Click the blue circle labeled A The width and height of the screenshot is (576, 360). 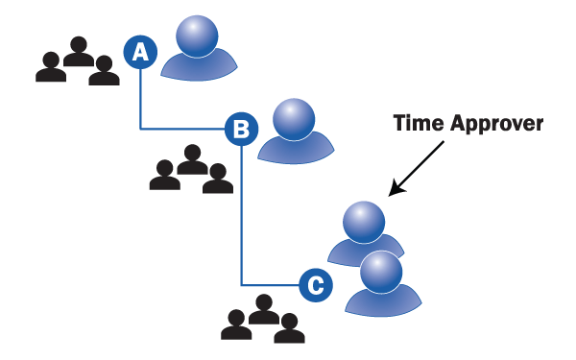[x=140, y=52]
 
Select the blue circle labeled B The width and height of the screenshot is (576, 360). [x=241, y=129]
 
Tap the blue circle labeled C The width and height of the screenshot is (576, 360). [x=316, y=285]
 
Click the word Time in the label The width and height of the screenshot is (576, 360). [x=419, y=123]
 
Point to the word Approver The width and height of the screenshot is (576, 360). [x=496, y=124]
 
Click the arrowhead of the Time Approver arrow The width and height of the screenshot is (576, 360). [x=396, y=189]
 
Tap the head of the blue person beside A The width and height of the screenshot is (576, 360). [x=197, y=36]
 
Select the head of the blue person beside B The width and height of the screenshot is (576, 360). [x=294, y=119]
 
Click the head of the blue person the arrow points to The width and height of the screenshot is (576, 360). [x=364, y=222]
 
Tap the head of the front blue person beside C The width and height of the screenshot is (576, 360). [x=381, y=272]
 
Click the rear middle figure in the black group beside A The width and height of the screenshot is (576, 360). [x=79, y=52]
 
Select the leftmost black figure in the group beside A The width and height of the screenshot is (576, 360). [x=51, y=67]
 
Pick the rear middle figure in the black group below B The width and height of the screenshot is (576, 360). [x=192, y=159]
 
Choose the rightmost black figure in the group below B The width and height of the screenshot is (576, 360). [x=218, y=179]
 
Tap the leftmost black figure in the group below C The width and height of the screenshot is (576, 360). [x=236, y=324]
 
